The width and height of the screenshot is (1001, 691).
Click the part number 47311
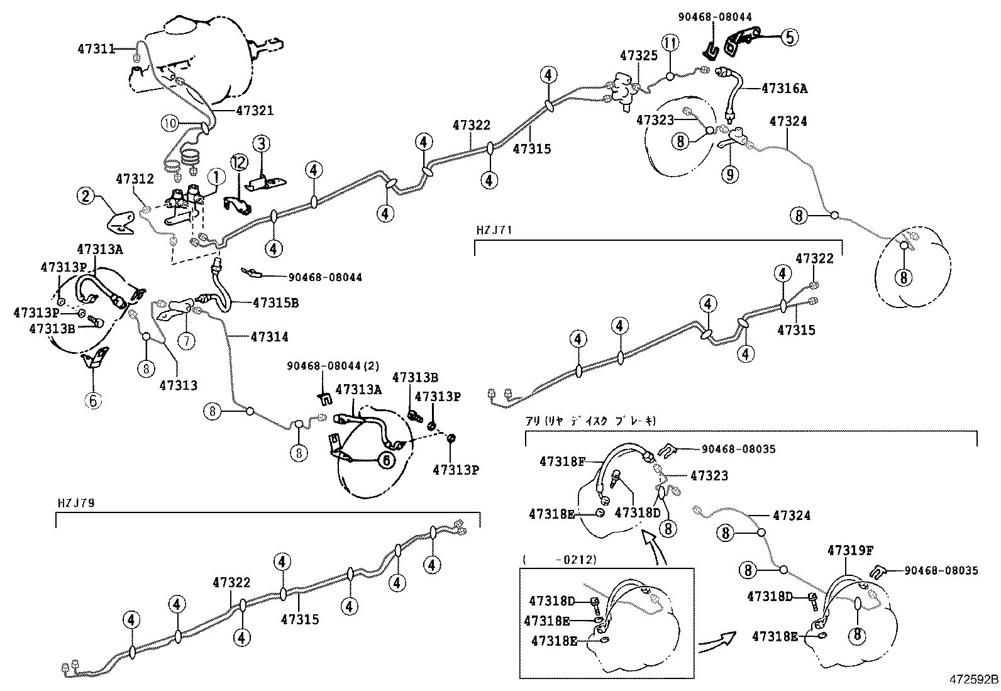(x=96, y=48)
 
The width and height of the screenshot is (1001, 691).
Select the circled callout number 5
(x=790, y=37)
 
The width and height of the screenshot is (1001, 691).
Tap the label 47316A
(x=784, y=89)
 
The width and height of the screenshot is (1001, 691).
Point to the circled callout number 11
(x=670, y=43)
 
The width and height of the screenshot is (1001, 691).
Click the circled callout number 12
(x=239, y=163)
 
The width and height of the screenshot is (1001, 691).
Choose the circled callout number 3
(x=261, y=144)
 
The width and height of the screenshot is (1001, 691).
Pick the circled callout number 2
(x=86, y=197)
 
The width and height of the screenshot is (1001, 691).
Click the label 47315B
(x=275, y=303)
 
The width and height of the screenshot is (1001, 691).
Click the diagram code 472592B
(x=973, y=680)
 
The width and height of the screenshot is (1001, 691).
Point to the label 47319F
(x=850, y=551)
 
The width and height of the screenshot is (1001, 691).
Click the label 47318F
(x=561, y=462)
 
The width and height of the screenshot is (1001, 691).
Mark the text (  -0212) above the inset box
(x=559, y=558)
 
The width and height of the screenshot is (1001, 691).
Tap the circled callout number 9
(x=729, y=173)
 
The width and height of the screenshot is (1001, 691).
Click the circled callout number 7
(x=187, y=341)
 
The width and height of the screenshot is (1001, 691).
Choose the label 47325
(x=638, y=55)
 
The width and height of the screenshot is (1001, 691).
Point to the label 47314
(x=269, y=337)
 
